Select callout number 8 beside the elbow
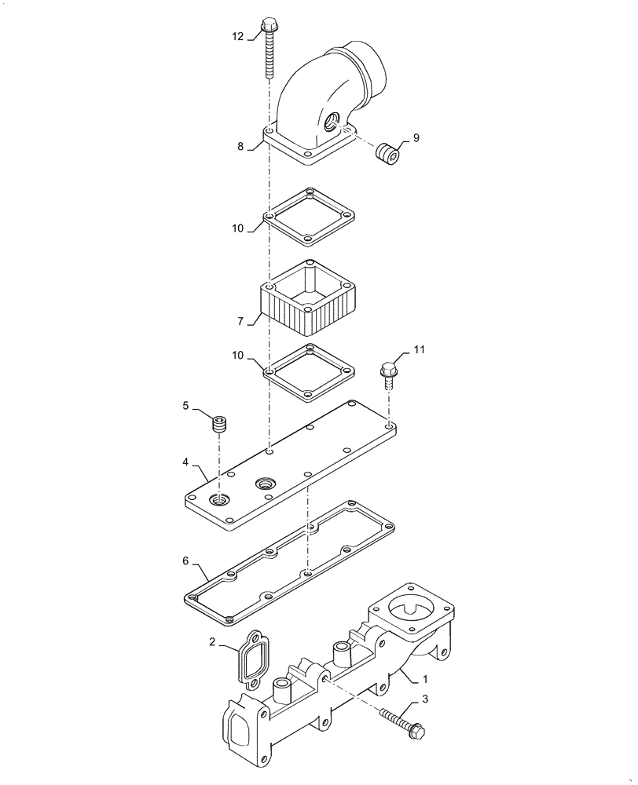point(241,145)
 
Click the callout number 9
point(416,137)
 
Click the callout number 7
point(241,320)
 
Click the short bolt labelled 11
point(389,373)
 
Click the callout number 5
point(186,405)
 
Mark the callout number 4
point(185,462)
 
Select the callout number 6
point(185,561)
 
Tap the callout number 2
point(213,642)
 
